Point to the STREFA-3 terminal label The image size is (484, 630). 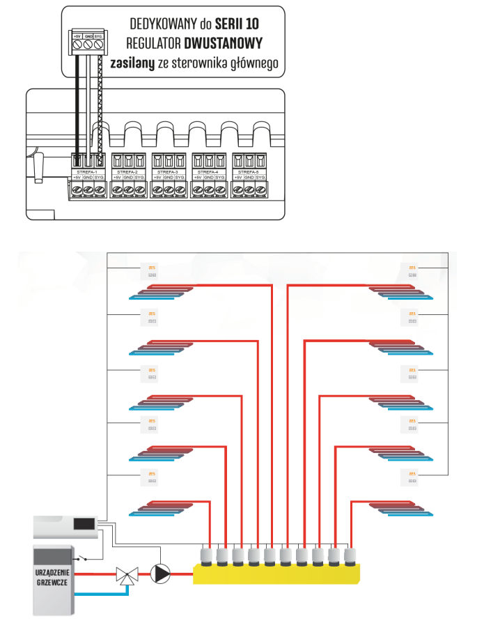(x=169, y=171)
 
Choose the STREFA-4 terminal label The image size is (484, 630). (x=209, y=171)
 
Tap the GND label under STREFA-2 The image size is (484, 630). (x=128, y=178)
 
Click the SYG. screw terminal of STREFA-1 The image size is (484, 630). (x=100, y=189)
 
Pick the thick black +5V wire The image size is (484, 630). (x=77, y=105)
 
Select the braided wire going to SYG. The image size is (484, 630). (x=100, y=105)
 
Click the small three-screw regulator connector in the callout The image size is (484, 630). (x=88, y=43)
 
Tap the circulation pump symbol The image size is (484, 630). (x=161, y=574)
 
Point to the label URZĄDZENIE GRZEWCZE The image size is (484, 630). (x=51, y=577)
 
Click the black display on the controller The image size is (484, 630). (x=85, y=523)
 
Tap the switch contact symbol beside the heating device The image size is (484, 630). (x=85, y=558)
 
